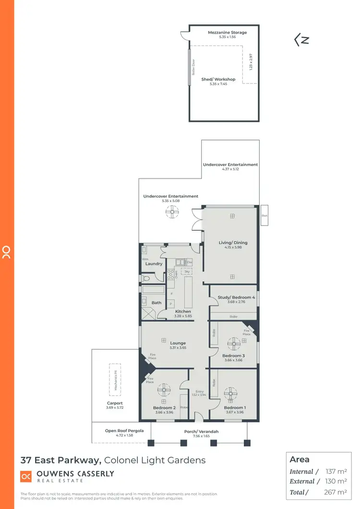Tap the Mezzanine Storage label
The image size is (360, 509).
pos(227,33)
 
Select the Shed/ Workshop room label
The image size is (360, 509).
pos(218,80)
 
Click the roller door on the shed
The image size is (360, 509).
pos(190,66)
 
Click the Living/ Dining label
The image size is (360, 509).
pos(233,243)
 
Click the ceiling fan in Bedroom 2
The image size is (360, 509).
pos(164,390)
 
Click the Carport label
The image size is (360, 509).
pos(115,403)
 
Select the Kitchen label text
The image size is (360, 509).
pos(183,312)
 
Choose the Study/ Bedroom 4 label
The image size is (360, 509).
pos(236,297)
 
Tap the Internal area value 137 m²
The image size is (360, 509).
pos(336,472)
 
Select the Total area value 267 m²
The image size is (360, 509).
pos(336,492)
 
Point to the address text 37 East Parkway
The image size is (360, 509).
pos(60,460)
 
